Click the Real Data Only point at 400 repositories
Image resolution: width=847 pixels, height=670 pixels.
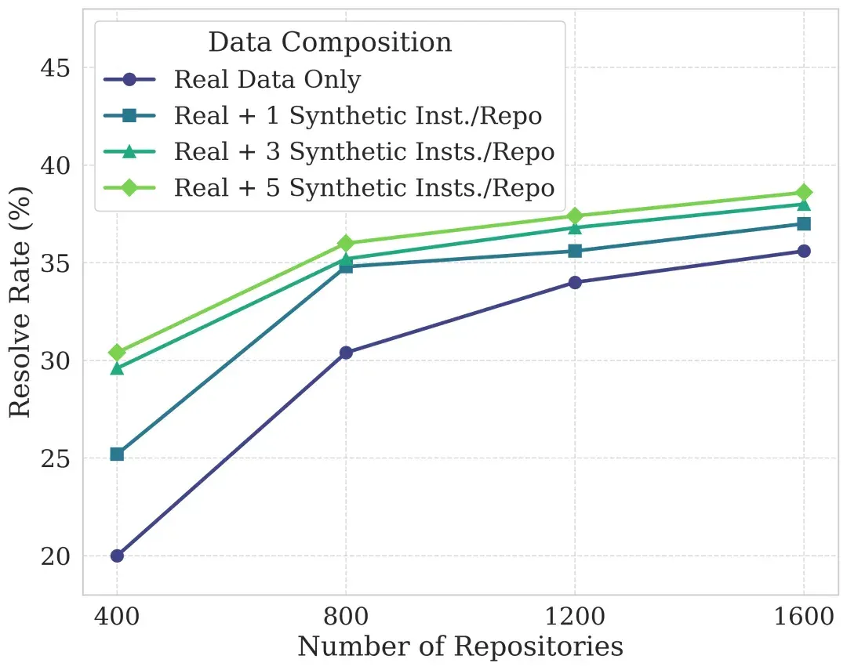pos(117,556)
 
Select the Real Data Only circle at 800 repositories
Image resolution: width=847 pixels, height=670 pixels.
pos(346,353)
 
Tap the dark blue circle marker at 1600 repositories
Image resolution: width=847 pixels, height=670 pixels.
pos(804,251)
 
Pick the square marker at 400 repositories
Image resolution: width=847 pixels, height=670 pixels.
pos(117,454)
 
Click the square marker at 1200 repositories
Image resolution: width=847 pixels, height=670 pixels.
pos(575,251)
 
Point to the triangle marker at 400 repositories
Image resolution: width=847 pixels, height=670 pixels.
pos(117,369)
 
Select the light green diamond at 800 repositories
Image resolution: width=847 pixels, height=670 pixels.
pos(346,243)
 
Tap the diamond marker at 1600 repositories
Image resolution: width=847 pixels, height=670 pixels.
pos(804,193)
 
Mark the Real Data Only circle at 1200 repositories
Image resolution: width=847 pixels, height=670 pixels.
pos(575,282)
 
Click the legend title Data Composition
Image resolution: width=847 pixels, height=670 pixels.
pos(330,42)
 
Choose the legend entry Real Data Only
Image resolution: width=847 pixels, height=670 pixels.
pos(267,79)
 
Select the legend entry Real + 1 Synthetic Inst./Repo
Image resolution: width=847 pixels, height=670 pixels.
pos(358,115)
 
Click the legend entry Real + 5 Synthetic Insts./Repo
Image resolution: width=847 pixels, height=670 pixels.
pos(365,188)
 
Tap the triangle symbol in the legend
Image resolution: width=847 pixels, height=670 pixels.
pos(129,152)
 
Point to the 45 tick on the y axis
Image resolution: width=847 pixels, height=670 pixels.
pos(55,68)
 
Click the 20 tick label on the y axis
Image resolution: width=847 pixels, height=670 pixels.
pos(55,556)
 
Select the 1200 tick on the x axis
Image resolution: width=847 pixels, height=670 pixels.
pos(575,616)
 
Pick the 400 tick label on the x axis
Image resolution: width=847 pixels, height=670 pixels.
pos(117,616)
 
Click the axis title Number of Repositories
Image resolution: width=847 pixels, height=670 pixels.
pos(460,646)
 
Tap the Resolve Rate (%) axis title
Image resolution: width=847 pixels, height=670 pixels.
pos(20,302)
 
